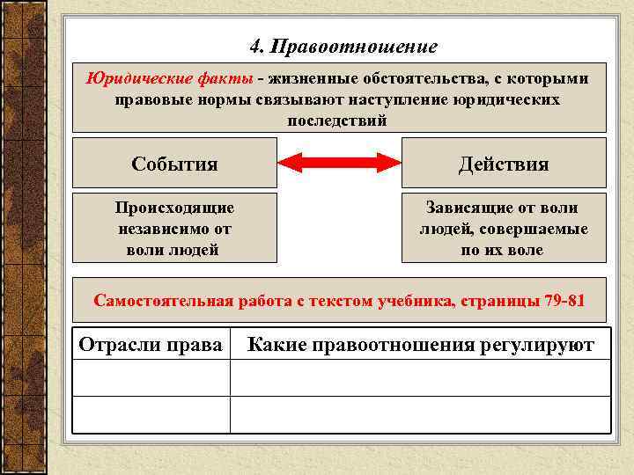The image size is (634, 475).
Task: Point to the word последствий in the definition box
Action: click(337, 121)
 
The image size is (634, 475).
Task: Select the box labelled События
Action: click(174, 164)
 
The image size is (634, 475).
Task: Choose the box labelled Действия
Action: click(504, 164)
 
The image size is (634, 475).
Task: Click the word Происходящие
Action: click(174, 208)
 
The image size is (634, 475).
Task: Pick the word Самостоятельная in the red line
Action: click(164, 301)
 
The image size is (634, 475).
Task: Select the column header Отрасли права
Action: click(151, 344)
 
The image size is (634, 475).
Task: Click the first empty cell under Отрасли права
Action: click(151, 378)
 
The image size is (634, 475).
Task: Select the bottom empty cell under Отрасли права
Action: click(151, 414)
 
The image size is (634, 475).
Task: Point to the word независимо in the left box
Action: click(174, 230)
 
